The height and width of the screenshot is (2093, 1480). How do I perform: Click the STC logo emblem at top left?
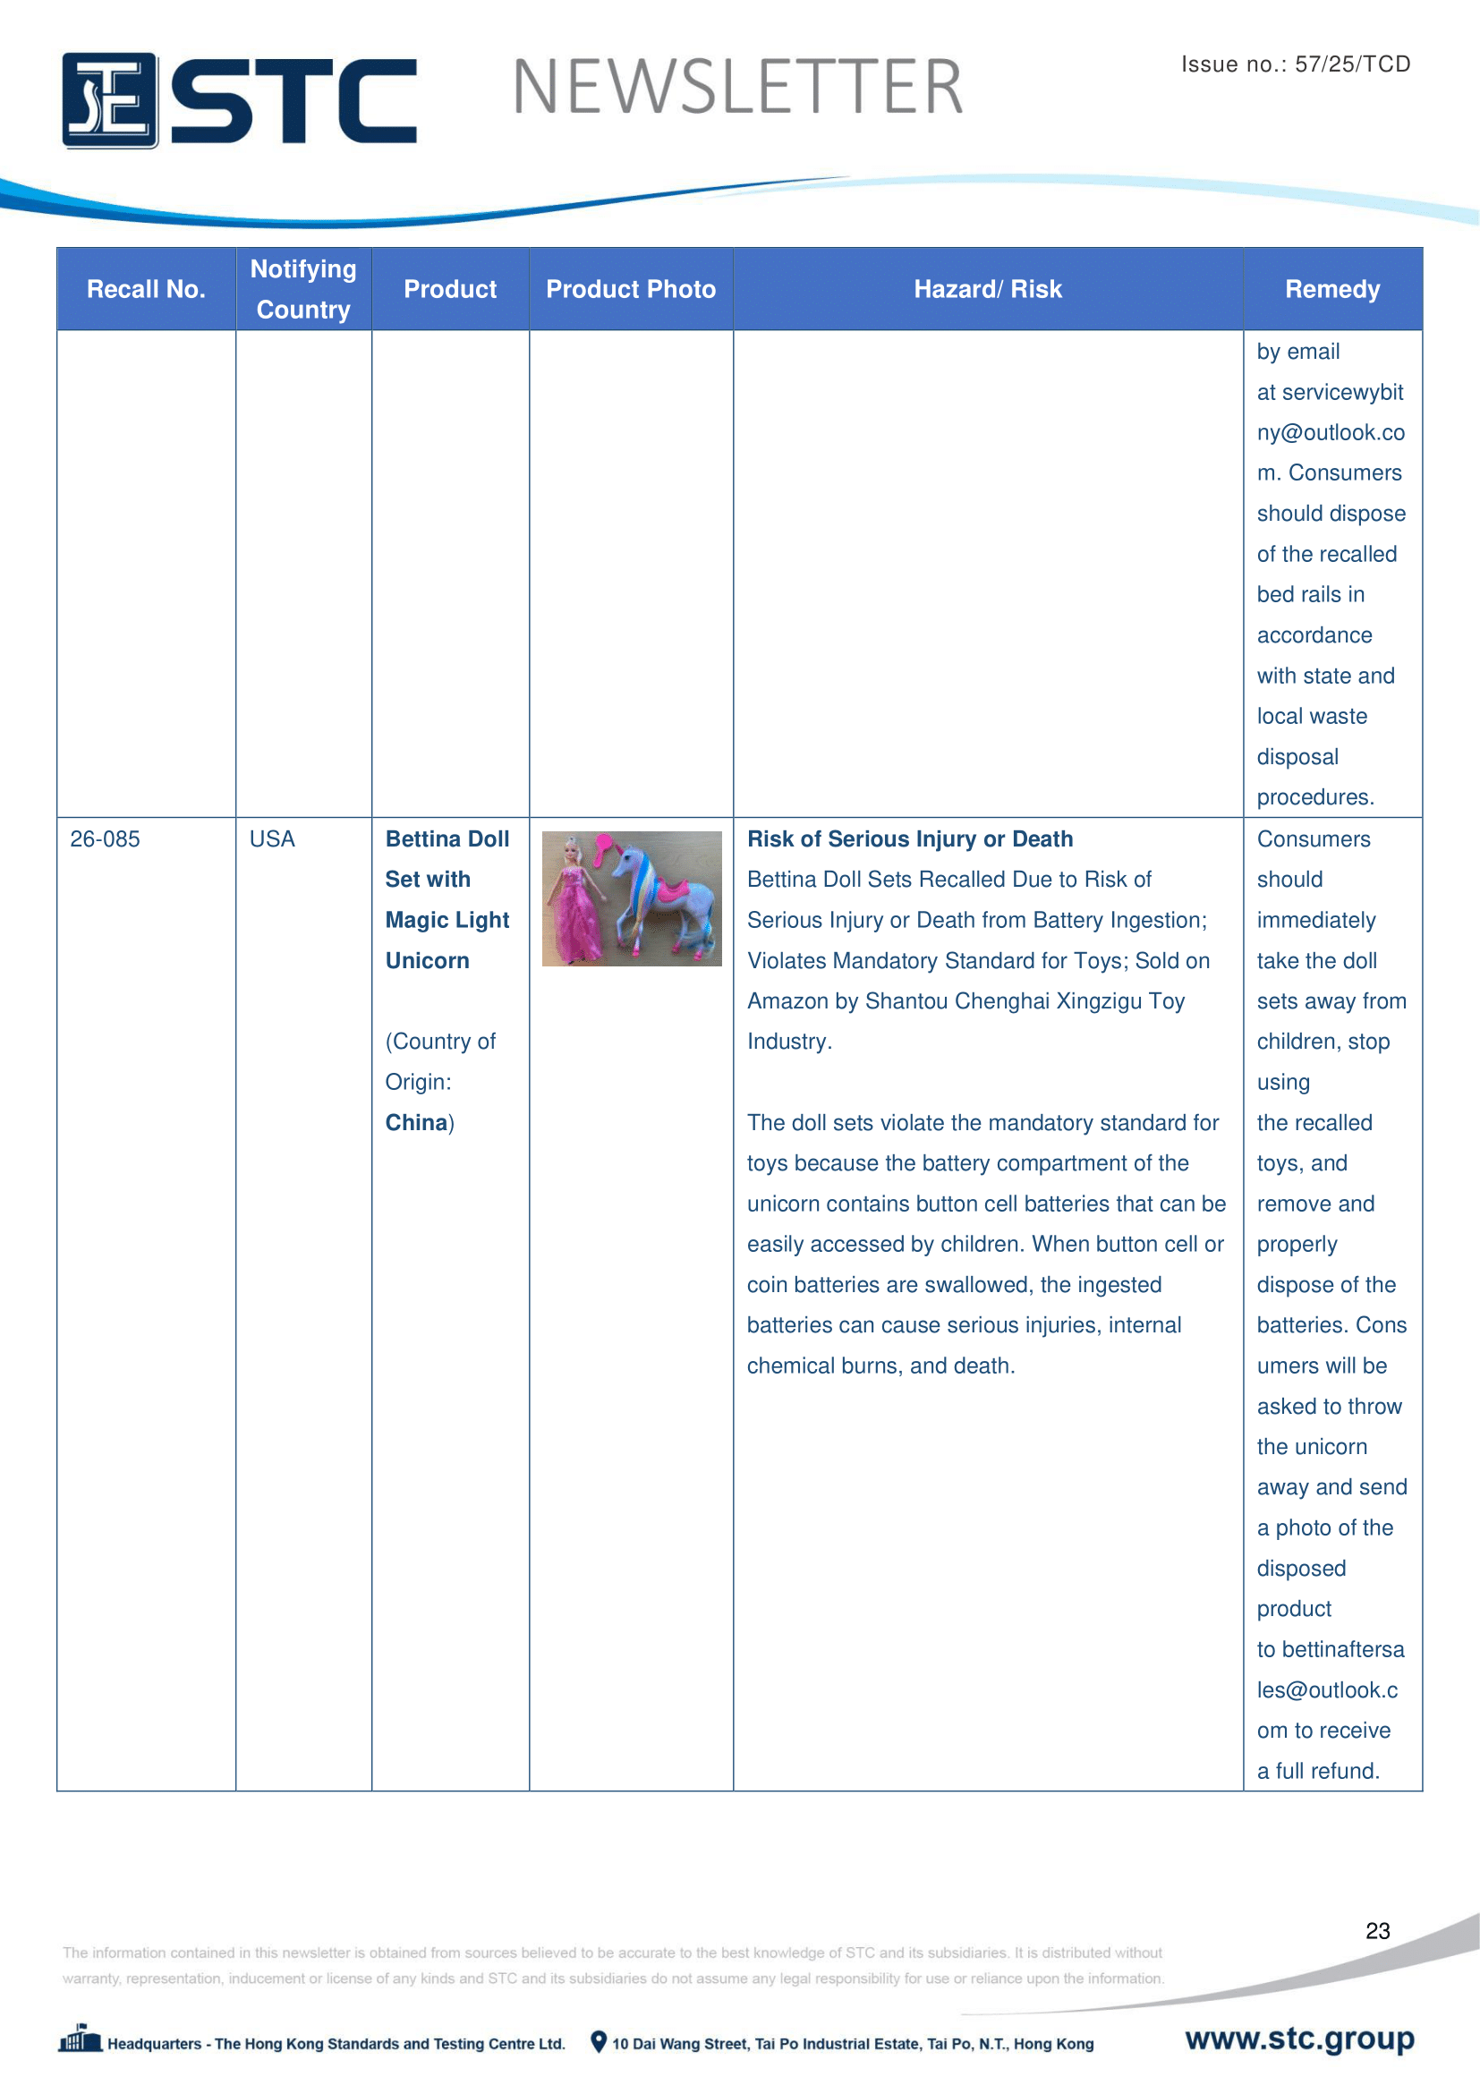pos(109,100)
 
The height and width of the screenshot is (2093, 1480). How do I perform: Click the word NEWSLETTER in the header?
pos(737,88)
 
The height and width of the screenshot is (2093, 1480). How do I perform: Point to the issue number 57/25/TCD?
pos(1352,64)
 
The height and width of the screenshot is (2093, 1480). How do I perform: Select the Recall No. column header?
pos(146,289)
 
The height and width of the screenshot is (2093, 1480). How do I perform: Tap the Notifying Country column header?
pos(303,289)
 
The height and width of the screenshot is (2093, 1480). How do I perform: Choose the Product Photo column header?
pos(631,289)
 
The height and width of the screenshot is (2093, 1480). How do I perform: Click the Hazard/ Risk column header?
pos(988,289)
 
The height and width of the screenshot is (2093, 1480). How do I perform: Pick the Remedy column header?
pos(1332,289)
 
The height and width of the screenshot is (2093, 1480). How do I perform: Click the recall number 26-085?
pos(105,838)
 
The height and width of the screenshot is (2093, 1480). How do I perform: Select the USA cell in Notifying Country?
pos(272,838)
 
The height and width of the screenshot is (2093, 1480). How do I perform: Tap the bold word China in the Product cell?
pos(416,1122)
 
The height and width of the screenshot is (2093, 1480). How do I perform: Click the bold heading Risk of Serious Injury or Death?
pos(909,838)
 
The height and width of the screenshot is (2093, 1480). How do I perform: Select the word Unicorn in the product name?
pos(427,961)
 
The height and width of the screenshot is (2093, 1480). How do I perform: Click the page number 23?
pos(1377,1931)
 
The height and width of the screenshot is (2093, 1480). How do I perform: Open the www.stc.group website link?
pos(1299,2038)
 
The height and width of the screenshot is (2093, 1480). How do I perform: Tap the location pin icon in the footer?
pos(599,2042)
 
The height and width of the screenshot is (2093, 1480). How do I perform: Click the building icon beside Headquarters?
pos(81,2039)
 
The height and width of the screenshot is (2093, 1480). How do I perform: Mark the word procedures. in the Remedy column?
pos(1315,797)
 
